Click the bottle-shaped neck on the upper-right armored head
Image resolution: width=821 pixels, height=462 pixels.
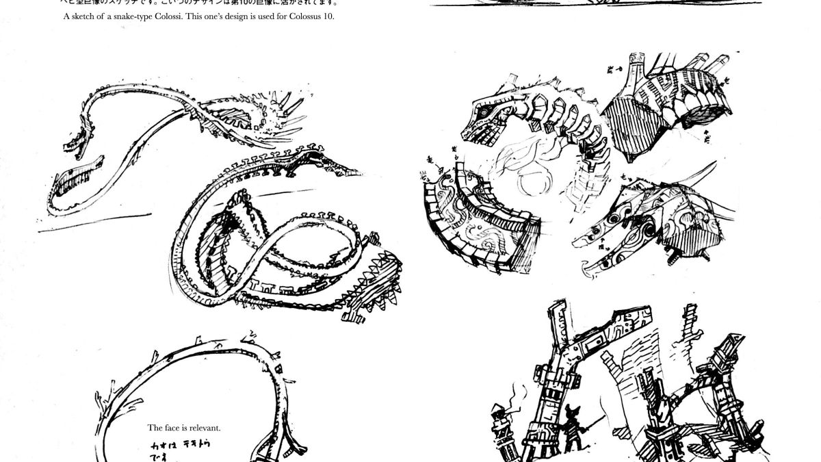click(633, 72)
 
